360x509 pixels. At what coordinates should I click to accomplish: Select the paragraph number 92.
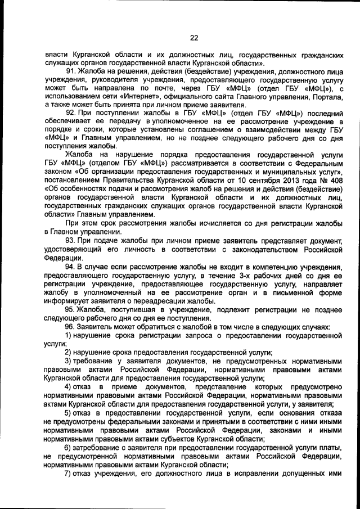tap(71, 113)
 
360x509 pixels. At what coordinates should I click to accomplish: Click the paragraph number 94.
tap(71, 266)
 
